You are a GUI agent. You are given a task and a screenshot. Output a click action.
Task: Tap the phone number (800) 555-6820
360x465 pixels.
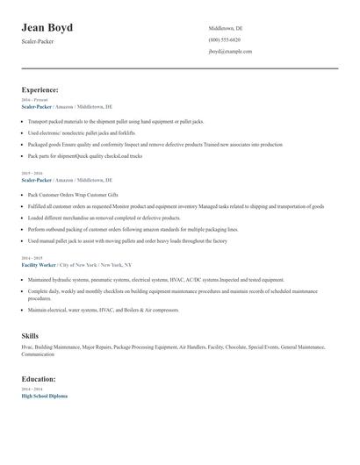pos(224,40)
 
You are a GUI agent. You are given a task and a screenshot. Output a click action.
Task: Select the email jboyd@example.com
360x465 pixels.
pos(230,52)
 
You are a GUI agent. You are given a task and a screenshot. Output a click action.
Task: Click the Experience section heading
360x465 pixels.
pos(40,89)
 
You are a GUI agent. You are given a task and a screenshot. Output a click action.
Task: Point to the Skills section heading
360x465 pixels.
pos(30,335)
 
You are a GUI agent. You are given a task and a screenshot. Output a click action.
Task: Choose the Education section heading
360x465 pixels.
pos(39,378)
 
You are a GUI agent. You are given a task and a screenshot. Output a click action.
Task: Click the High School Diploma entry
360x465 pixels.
pos(44,396)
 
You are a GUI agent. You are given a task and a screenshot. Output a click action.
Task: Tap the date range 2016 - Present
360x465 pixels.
pos(34,100)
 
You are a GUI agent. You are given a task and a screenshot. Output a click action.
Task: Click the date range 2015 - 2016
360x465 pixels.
pos(31,173)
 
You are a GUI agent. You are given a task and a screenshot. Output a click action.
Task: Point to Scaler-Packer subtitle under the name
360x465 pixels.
pos(38,41)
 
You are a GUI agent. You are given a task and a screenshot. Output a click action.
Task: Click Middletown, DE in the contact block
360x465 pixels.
pos(226,29)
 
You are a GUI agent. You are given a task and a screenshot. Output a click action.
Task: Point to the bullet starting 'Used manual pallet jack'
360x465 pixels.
pos(127,240)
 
